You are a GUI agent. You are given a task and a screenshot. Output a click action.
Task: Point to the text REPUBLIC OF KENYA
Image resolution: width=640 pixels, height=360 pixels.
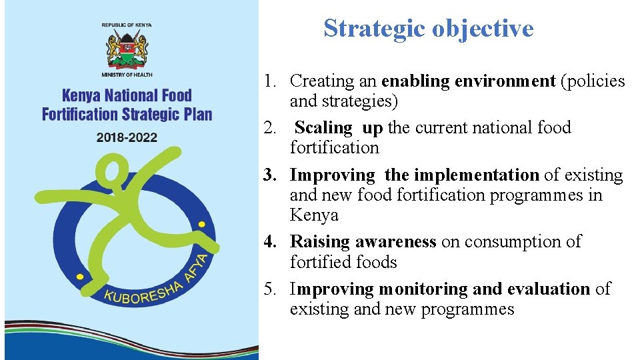coord(127,25)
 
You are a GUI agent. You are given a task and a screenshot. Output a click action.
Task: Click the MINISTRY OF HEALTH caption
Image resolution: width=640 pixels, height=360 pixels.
coord(127,75)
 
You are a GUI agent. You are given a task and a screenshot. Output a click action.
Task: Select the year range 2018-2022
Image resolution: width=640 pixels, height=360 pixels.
coord(127,137)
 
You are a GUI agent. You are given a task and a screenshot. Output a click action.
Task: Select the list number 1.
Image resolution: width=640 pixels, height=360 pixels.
coord(269,81)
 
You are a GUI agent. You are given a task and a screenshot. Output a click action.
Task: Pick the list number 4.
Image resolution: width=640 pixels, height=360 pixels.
coord(269,242)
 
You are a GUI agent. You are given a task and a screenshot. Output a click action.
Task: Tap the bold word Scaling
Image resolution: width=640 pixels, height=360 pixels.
coord(323,127)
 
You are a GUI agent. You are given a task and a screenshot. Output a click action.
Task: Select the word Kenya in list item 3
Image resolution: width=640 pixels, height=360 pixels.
coord(314,215)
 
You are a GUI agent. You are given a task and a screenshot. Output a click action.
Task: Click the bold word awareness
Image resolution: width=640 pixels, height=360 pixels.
coord(396,242)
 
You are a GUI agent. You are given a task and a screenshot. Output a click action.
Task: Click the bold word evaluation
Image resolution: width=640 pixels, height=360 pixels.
coord(549,289)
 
